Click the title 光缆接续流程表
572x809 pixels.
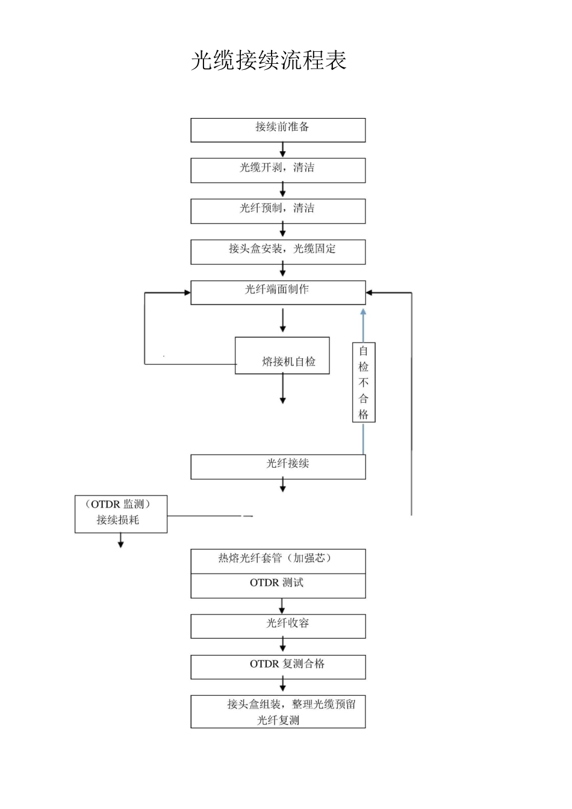click(x=269, y=61)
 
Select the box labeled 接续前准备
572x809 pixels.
click(x=278, y=130)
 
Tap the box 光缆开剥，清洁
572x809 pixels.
click(x=278, y=170)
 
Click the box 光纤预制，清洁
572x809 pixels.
click(x=278, y=211)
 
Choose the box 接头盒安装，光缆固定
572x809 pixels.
click(x=278, y=252)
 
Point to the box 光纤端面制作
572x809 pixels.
click(x=278, y=292)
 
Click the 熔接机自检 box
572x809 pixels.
click(x=282, y=356)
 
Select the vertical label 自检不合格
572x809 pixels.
click(x=364, y=382)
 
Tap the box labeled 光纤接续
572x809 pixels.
click(x=278, y=466)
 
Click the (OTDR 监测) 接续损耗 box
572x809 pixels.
click(x=120, y=513)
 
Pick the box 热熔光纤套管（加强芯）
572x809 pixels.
click(x=278, y=560)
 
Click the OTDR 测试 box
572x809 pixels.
click(x=278, y=585)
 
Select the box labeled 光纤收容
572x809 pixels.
click(x=278, y=626)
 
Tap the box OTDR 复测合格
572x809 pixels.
click(x=278, y=667)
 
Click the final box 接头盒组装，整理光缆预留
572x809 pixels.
click(x=278, y=711)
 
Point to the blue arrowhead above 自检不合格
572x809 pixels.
click(x=363, y=312)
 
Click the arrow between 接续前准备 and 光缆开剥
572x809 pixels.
click(x=282, y=150)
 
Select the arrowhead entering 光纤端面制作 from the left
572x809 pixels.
click(x=186, y=293)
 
